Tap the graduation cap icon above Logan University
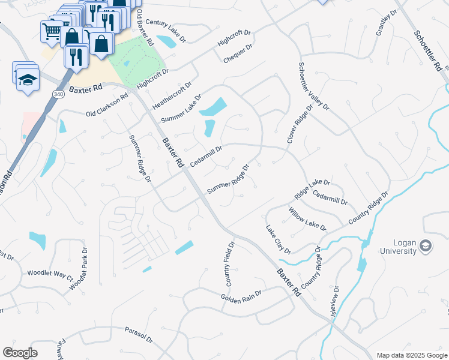click(426, 245)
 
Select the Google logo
click(20, 353)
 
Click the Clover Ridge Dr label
click(300, 124)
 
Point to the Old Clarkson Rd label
click(107, 105)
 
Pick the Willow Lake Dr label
click(307, 219)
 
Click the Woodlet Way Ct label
click(50, 274)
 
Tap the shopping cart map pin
click(52, 30)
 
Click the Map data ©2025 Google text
click(411, 355)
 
